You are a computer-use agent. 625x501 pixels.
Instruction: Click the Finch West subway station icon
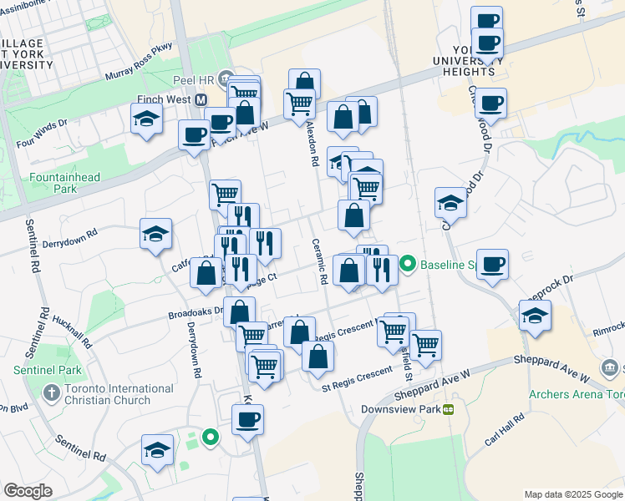pyautogui.click(x=201, y=100)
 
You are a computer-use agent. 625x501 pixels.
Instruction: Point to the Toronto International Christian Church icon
pyautogui.click(x=51, y=391)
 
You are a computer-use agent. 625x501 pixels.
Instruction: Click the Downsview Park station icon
pyautogui.click(x=449, y=410)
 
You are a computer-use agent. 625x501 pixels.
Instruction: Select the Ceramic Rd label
pyautogui.click(x=319, y=261)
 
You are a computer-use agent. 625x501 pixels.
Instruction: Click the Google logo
pyautogui.click(x=28, y=491)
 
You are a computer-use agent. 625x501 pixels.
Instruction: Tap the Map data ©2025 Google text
pyautogui.click(x=572, y=494)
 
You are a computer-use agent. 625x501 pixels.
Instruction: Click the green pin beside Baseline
pyautogui.click(x=408, y=266)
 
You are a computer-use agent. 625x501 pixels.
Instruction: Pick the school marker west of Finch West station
pyautogui.click(x=146, y=119)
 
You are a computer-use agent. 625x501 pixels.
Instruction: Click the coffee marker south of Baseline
pyautogui.click(x=492, y=264)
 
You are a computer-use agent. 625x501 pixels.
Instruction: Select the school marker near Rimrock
pyautogui.click(x=534, y=316)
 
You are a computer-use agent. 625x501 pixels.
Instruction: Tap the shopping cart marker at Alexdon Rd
pyautogui.click(x=299, y=104)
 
